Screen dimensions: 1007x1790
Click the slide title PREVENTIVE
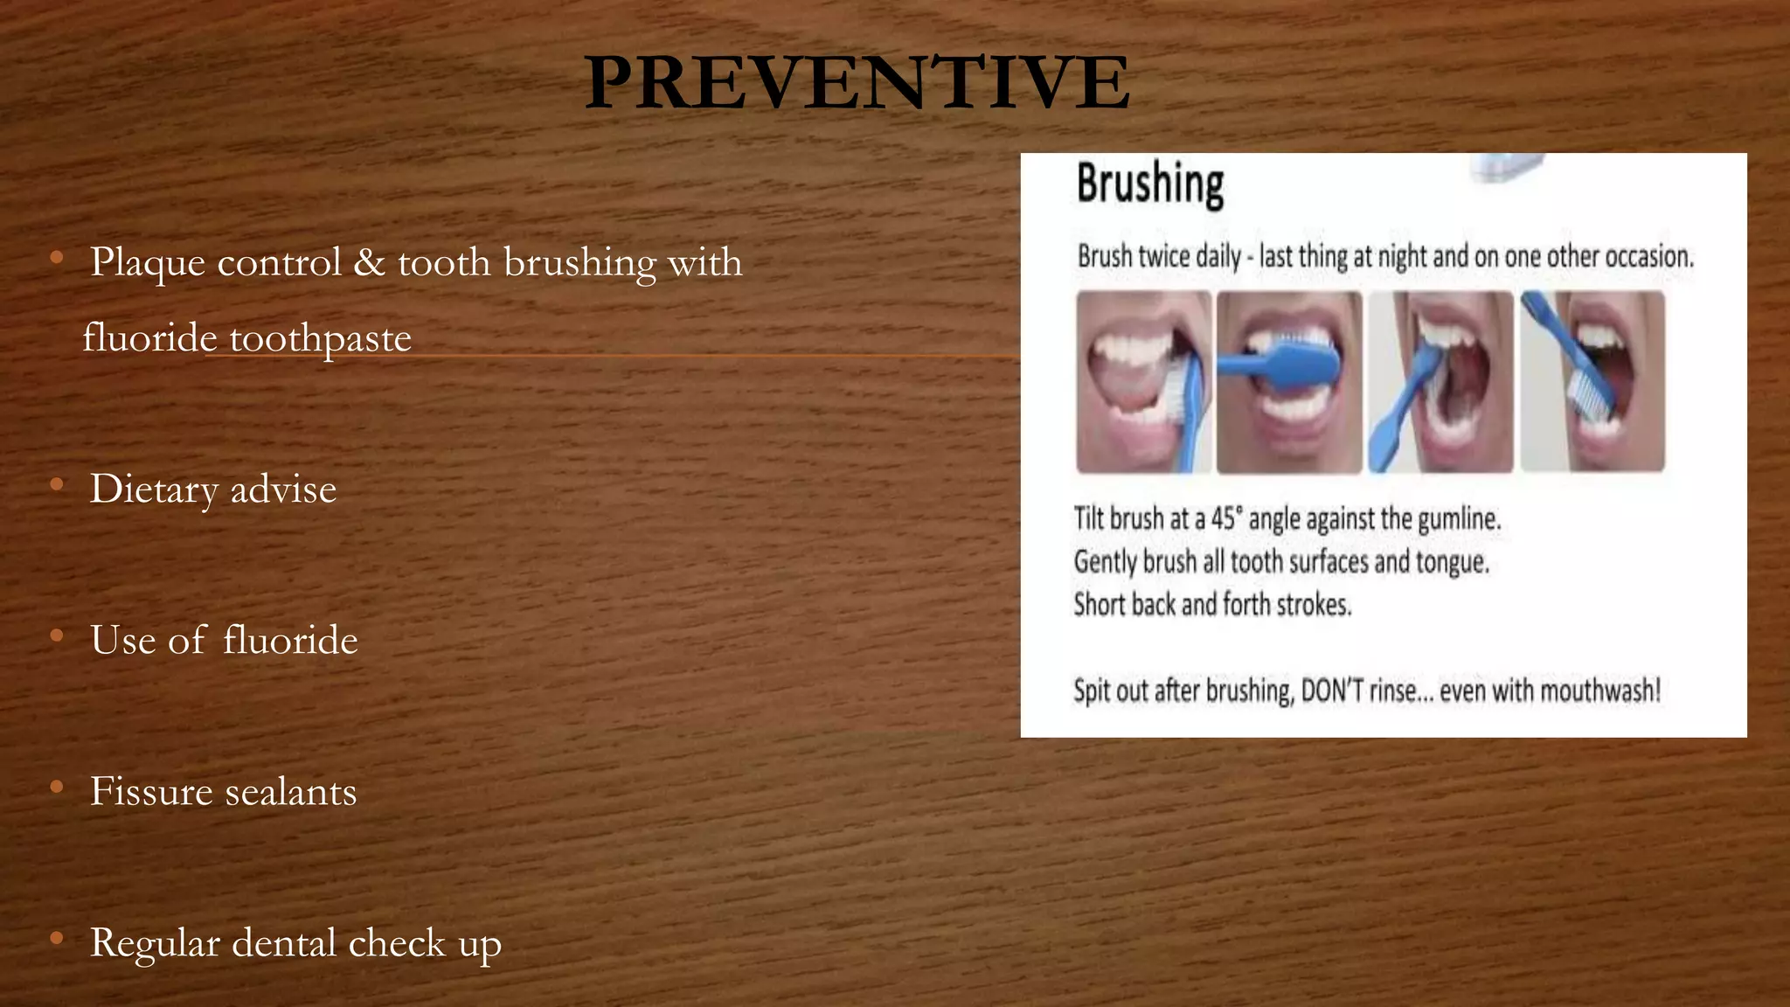(857, 82)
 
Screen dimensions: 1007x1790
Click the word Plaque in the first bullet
(148, 262)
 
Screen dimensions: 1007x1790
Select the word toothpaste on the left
(320, 338)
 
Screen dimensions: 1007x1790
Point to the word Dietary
(154, 489)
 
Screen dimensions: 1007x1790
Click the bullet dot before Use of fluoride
(57, 636)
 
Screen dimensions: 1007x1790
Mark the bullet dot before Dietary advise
(57, 485)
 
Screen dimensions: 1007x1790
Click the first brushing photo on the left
(1144, 382)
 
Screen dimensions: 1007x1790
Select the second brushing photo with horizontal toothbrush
(1289, 382)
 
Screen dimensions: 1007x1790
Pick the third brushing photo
(1440, 382)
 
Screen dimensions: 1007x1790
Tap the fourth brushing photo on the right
(1592, 382)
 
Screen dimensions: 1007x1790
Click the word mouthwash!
(1599, 691)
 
